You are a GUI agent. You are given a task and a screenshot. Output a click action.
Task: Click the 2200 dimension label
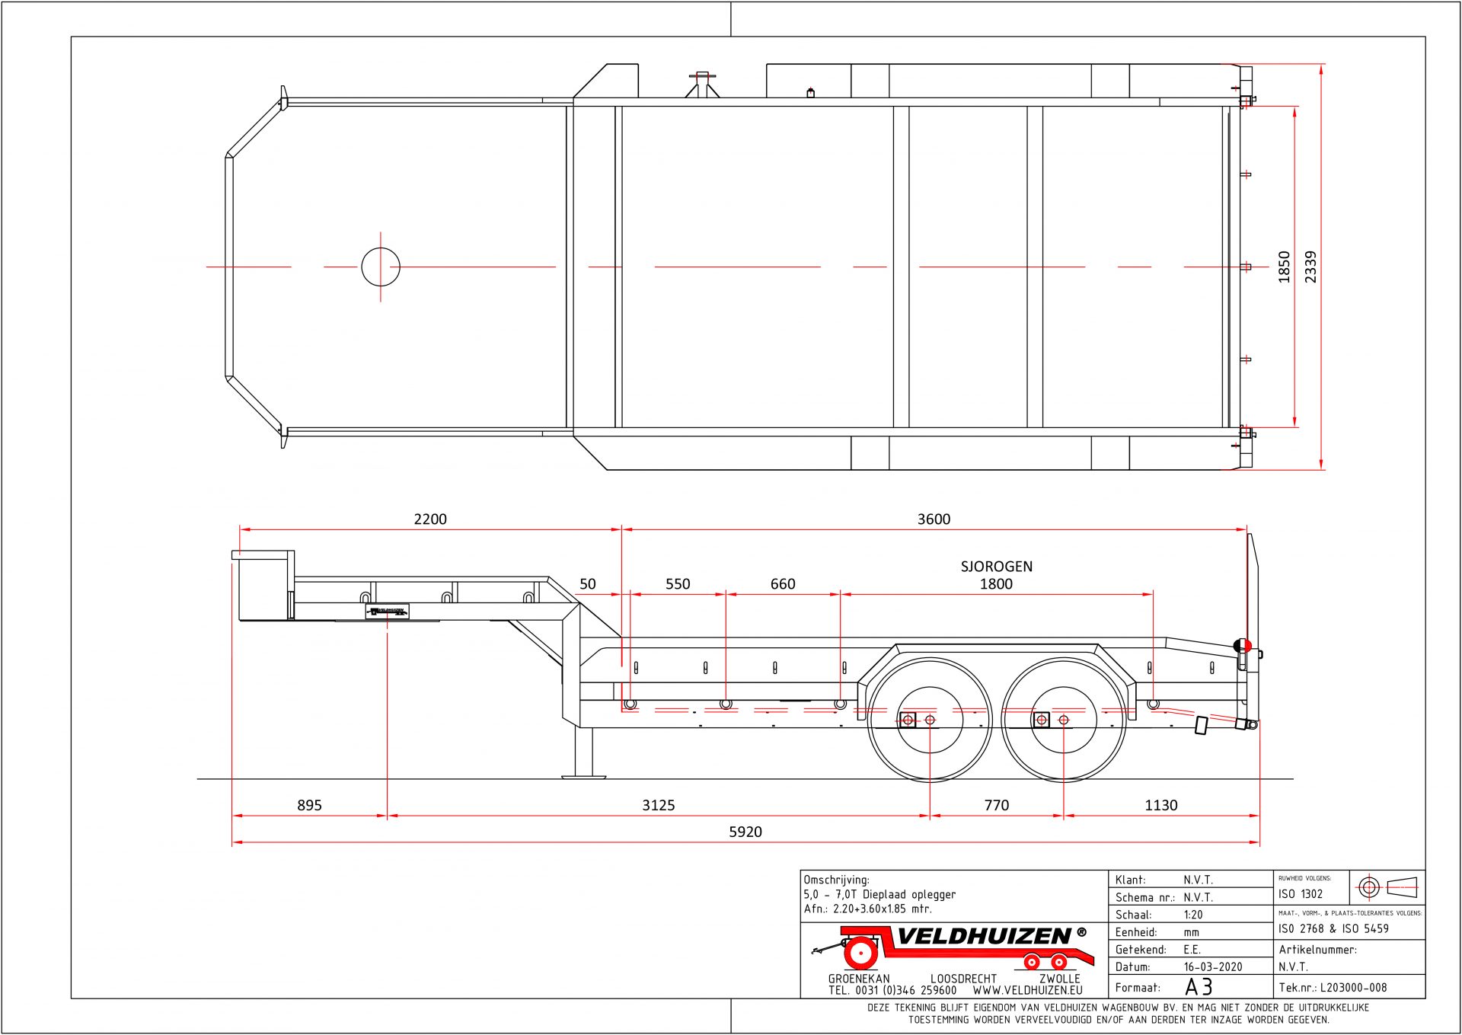[430, 519]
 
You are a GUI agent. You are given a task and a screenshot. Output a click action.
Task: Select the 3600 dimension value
[934, 519]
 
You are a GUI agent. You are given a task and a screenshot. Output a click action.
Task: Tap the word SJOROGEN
[996, 567]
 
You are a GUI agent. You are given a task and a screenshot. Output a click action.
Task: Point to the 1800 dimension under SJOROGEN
[996, 584]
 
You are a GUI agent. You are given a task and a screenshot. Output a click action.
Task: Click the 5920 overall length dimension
[745, 832]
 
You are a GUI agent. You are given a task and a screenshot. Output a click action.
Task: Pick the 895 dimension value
[309, 805]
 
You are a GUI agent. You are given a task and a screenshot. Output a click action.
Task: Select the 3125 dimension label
[659, 805]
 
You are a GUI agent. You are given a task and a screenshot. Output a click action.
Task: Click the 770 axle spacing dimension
[996, 805]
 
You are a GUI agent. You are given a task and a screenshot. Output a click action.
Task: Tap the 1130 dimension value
[1161, 805]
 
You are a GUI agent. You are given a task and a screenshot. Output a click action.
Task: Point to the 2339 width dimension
[1310, 267]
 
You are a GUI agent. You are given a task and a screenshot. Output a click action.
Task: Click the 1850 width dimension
[1285, 267]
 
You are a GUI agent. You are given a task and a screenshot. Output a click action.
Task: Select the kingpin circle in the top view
[381, 267]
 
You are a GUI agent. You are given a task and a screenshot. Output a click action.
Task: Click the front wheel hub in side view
[930, 720]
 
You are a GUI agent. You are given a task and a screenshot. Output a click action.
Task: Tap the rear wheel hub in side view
[1064, 720]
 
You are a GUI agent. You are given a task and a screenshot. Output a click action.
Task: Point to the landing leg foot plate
[583, 776]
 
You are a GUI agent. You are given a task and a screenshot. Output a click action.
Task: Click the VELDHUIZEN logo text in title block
[984, 937]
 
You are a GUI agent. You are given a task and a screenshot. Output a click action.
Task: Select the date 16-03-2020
[1213, 967]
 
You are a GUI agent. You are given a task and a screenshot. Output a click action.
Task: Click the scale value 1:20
[1193, 915]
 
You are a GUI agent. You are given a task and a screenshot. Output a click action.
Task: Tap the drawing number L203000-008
[1353, 988]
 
